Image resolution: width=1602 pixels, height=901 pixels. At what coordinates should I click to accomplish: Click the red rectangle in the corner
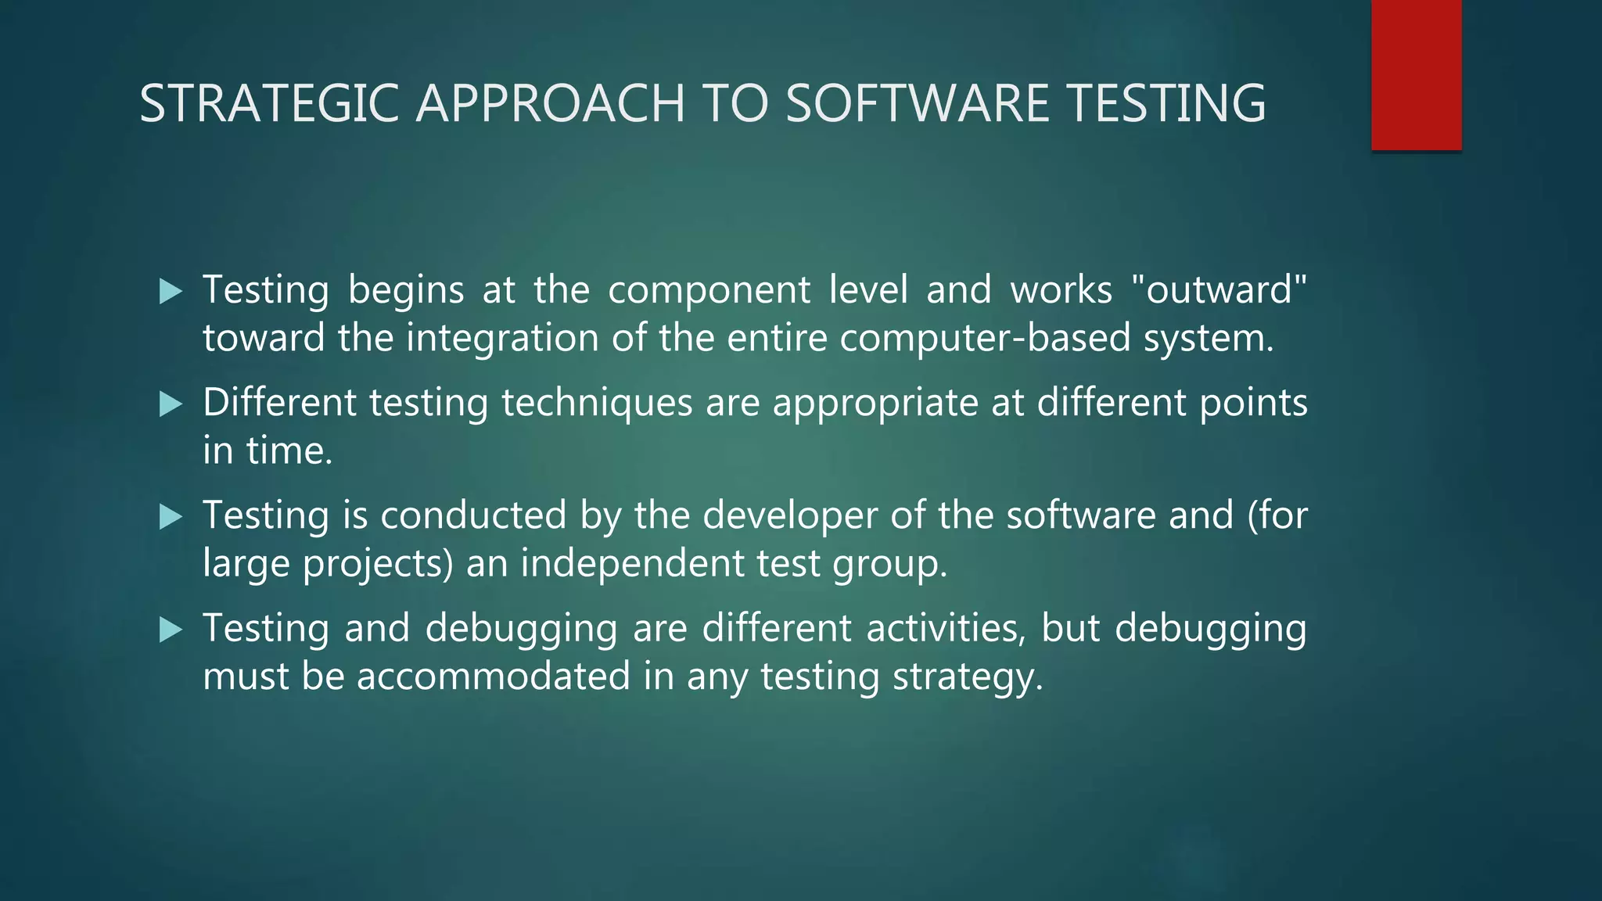[x=1416, y=74]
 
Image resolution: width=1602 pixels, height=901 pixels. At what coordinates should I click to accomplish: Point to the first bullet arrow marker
[x=171, y=292]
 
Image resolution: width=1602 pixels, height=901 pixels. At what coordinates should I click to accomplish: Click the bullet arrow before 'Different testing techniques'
[x=171, y=404]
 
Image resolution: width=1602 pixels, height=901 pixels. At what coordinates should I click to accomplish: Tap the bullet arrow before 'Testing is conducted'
[x=171, y=517]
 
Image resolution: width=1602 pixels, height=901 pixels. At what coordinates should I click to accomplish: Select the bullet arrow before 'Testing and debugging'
[x=171, y=630]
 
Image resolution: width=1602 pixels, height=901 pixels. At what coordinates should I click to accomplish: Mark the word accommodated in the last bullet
[x=493, y=677]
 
